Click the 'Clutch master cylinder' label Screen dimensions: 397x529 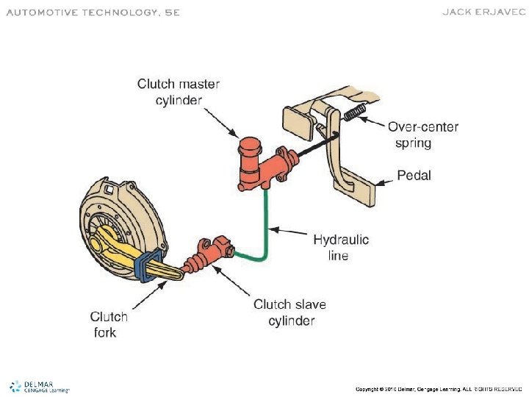pos(178,92)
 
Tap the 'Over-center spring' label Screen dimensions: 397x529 pos(423,135)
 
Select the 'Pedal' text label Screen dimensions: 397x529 pos(414,176)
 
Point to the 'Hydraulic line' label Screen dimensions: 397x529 pos(341,247)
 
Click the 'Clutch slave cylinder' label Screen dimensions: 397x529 pos(290,312)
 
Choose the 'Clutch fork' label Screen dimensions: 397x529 pos(109,324)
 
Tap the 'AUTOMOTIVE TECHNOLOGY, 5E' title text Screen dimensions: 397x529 pos(93,12)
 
